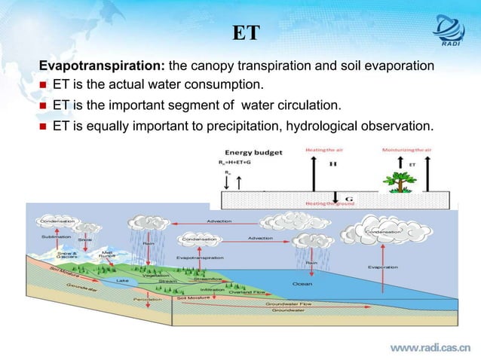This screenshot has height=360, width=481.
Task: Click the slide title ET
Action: point(246,33)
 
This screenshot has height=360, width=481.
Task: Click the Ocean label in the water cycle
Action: point(302,283)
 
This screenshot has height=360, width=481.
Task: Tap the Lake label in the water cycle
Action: point(122,280)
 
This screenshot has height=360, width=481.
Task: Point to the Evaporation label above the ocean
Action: point(383,267)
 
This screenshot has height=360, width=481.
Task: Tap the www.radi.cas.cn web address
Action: point(429,347)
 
